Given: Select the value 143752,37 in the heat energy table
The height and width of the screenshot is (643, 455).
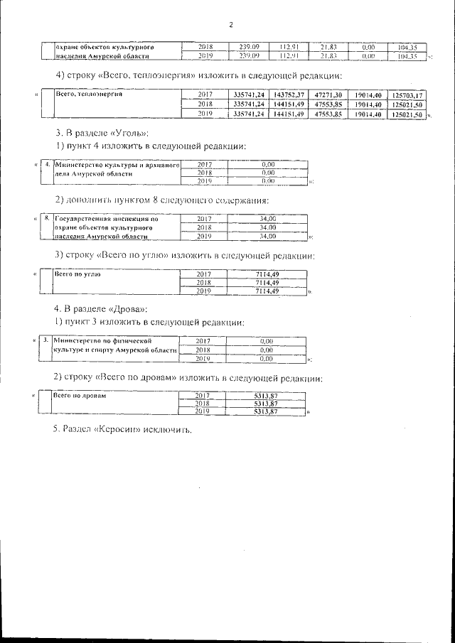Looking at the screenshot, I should pos(289,94).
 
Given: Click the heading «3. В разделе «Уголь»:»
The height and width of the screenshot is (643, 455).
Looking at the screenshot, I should pos(102,133).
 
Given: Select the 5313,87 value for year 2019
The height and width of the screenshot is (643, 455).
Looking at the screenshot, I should pos(264,411).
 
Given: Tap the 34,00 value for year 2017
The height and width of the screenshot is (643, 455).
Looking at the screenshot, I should pos(267,218).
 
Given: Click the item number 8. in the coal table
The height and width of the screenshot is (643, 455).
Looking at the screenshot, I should pos(46,218).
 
